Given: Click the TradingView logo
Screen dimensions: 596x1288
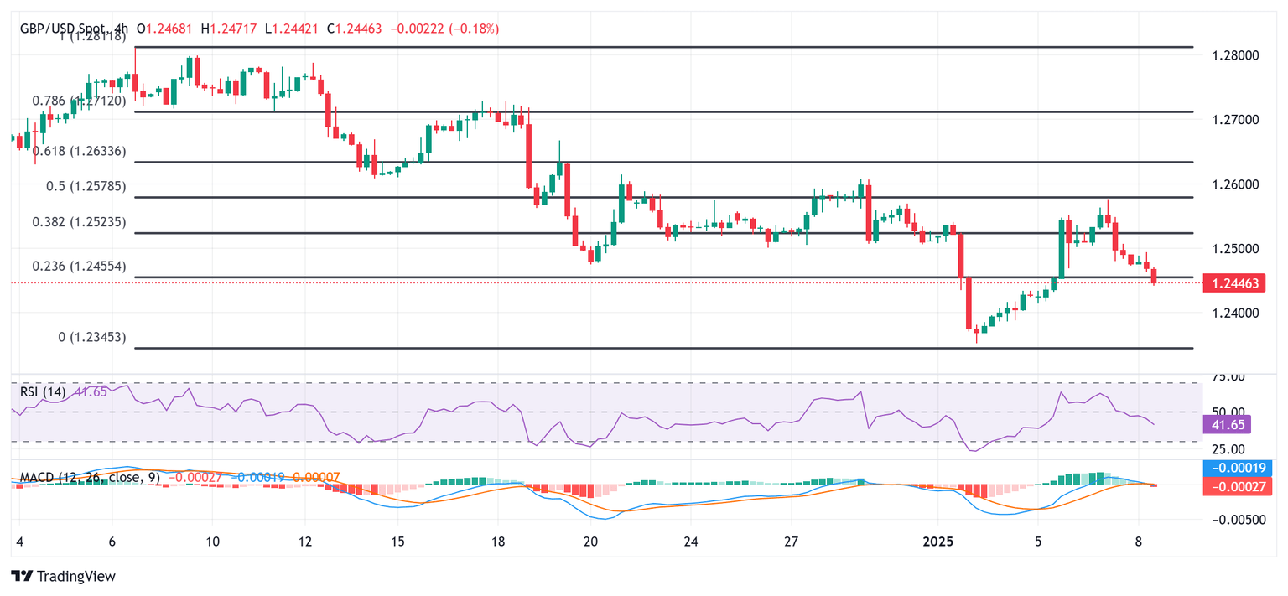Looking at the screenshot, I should tap(63, 576).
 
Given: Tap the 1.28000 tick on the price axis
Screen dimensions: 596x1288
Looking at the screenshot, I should tap(1235, 55).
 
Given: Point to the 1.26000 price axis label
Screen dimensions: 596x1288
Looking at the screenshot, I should tap(1235, 184).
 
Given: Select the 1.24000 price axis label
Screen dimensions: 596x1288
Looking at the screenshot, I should tap(1235, 313).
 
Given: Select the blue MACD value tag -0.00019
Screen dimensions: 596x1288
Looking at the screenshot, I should tap(1237, 469).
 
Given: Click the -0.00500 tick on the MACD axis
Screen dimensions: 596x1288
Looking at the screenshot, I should tap(1237, 520).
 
